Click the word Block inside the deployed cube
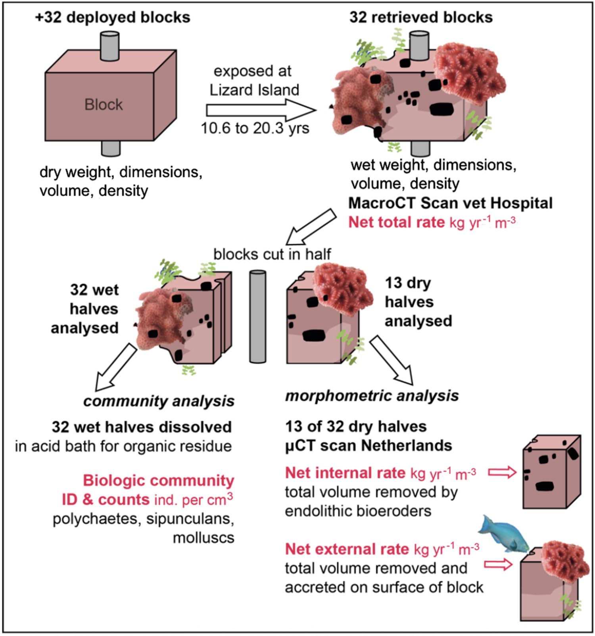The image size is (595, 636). click(104, 105)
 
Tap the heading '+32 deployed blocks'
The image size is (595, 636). click(113, 17)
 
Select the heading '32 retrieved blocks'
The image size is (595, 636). click(421, 17)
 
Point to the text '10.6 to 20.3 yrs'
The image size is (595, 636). click(255, 128)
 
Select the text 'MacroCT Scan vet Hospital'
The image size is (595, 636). click(450, 203)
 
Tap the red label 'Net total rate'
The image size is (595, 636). click(396, 222)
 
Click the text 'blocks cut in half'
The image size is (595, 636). click(272, 254)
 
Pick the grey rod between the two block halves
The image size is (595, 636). click(257, 317)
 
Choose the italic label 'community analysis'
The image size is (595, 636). click(159, 401)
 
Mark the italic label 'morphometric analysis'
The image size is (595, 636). click(372, 395)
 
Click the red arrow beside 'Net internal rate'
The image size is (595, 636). click(502, 472)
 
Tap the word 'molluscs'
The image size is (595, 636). click(203, 538)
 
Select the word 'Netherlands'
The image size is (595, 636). click(409, 445)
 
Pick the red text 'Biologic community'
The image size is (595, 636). click(158, 481)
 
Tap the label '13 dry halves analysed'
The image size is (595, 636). click(418, 302)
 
